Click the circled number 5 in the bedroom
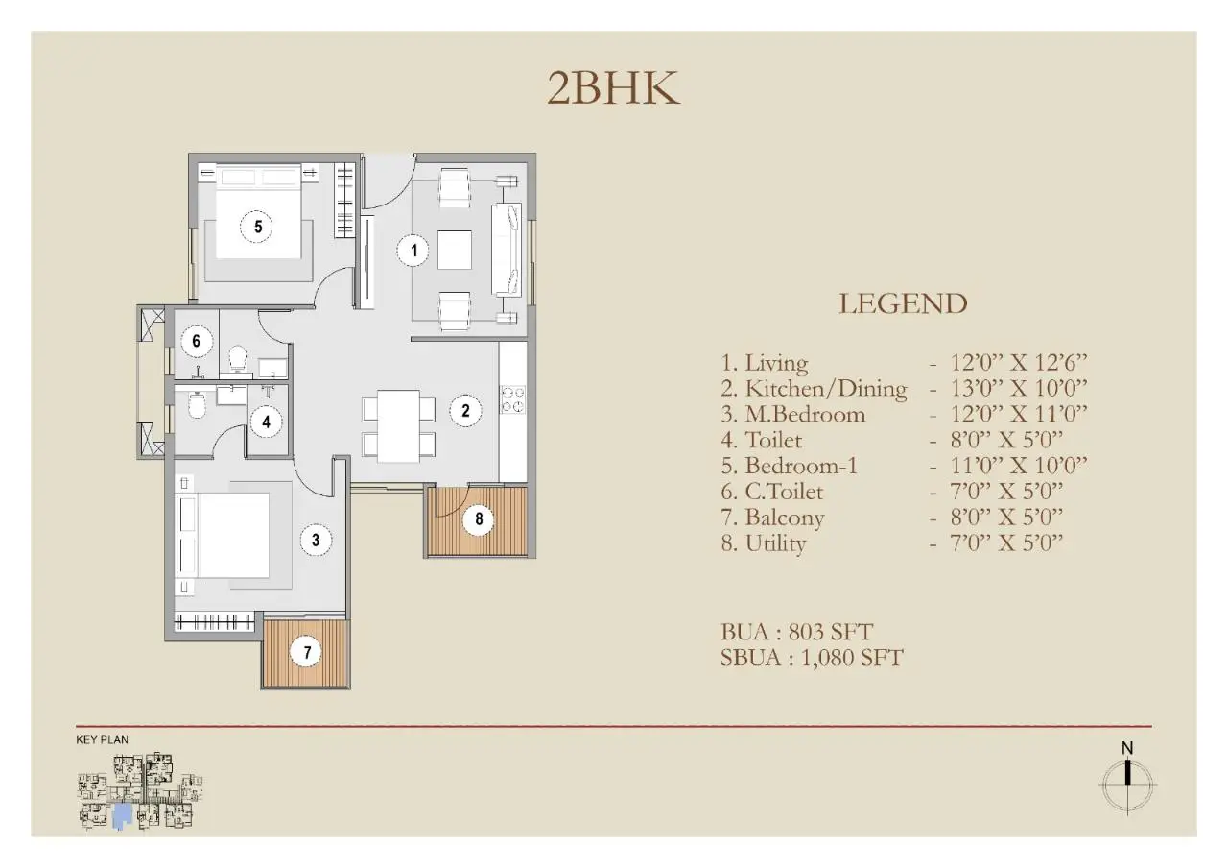coord(257,227)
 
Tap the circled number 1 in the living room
coord(413,252)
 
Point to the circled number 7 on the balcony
coord(307,653)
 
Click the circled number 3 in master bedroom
coord(316,541)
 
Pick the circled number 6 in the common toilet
coord(196,341)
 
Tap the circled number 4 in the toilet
coord(266,421)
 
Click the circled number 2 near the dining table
coord(465,411)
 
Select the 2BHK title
coord(613,88)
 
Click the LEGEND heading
coord(903,303)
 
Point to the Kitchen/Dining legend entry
coord(815,389)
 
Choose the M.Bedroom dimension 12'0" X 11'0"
coord(1007,415)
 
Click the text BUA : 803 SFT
coord(796,632)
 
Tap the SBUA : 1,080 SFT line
coord(812,658)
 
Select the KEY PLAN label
coord(102,740)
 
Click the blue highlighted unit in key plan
coord(122,817)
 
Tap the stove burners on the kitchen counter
coord(512,398)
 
